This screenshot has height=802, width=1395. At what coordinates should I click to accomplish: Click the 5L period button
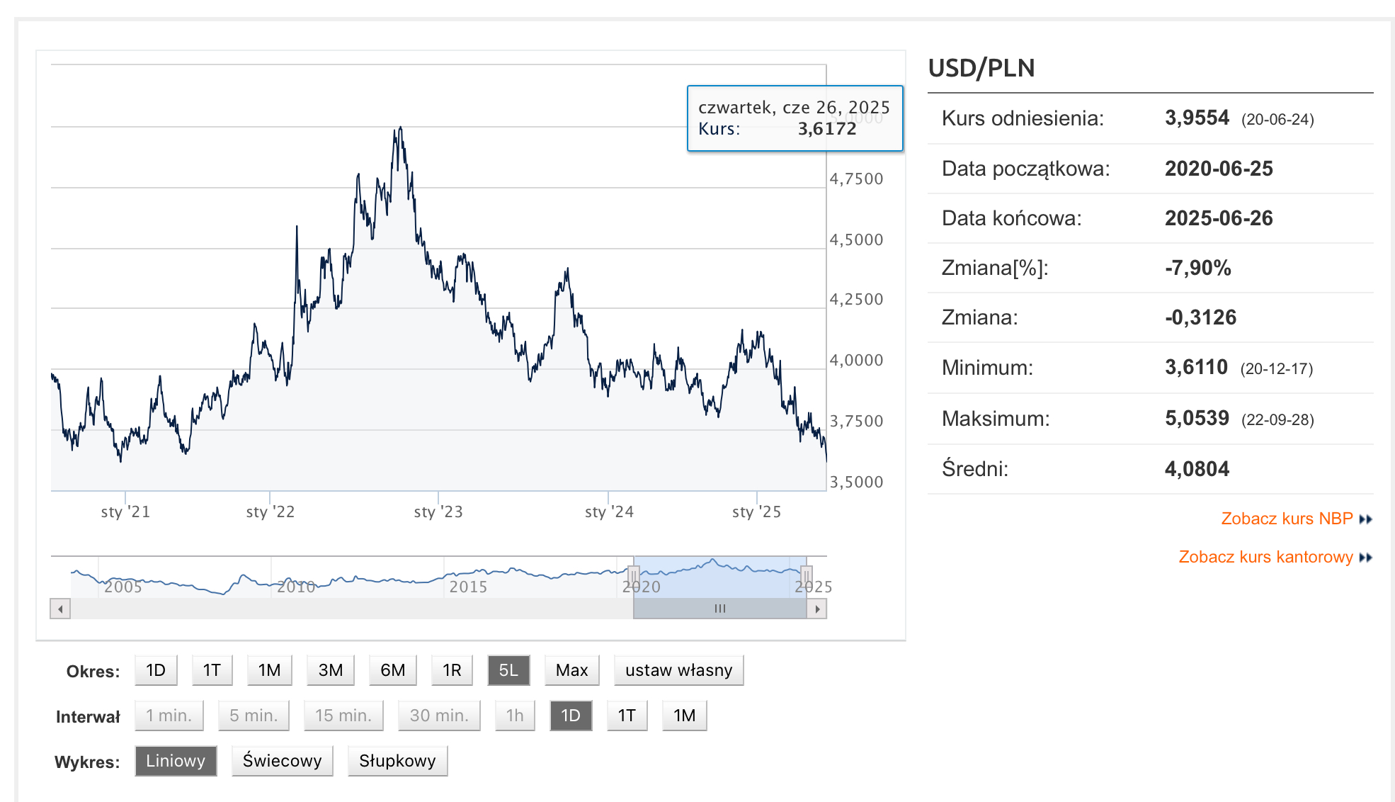(x=508, y=670)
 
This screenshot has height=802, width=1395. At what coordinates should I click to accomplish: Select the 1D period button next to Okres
(x=156, y=670)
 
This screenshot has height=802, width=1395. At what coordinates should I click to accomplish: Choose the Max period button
(x=571, y=670)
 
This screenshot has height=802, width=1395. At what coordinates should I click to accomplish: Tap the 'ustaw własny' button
(x=678, y=670)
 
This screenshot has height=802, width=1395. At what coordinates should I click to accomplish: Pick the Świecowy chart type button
(x=282, y=761)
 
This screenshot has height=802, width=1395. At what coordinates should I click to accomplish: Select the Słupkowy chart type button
(x=397, y=761)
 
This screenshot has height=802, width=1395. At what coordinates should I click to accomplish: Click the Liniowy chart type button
(x=176, y=761)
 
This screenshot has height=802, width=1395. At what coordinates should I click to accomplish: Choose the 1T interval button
(x=627, y=716)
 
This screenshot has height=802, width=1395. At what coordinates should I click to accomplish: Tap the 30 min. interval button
(x=439, y=716)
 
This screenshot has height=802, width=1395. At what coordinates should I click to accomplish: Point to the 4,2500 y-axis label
(x=856, y=299)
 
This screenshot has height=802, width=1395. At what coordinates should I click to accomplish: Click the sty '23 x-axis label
(x=438, y=512)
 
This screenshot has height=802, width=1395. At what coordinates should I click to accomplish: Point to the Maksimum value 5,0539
(x=1197, y=418)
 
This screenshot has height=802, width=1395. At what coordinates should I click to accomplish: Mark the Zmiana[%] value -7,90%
(x=1197, y=268)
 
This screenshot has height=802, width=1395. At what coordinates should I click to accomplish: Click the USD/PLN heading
(x=981, y=68)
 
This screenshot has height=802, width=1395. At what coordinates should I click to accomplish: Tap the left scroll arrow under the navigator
(x=60, y=609)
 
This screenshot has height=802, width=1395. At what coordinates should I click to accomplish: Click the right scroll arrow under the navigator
(x=817, y=609)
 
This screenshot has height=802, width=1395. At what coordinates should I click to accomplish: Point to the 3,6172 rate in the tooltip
(x=826, y=129)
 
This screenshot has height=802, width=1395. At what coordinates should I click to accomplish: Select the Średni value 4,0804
(x=1197, y=469)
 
